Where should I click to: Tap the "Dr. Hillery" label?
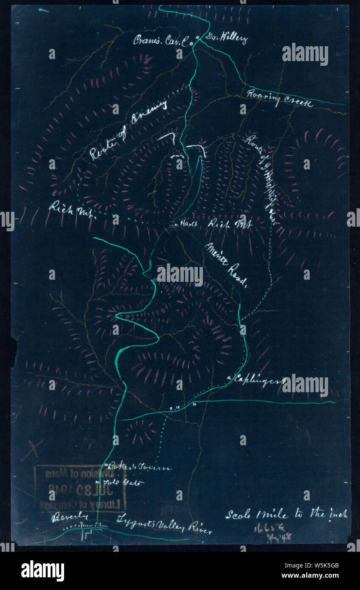(x=226, y=39)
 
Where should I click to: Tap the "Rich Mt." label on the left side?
(x=72, y=210)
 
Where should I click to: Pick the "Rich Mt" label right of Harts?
(x=230, y=224)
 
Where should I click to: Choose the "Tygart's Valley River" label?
(x=164, y=524)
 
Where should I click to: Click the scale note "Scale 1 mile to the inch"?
(x=287, y=514)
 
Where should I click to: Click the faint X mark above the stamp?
(x=33, y=450)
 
